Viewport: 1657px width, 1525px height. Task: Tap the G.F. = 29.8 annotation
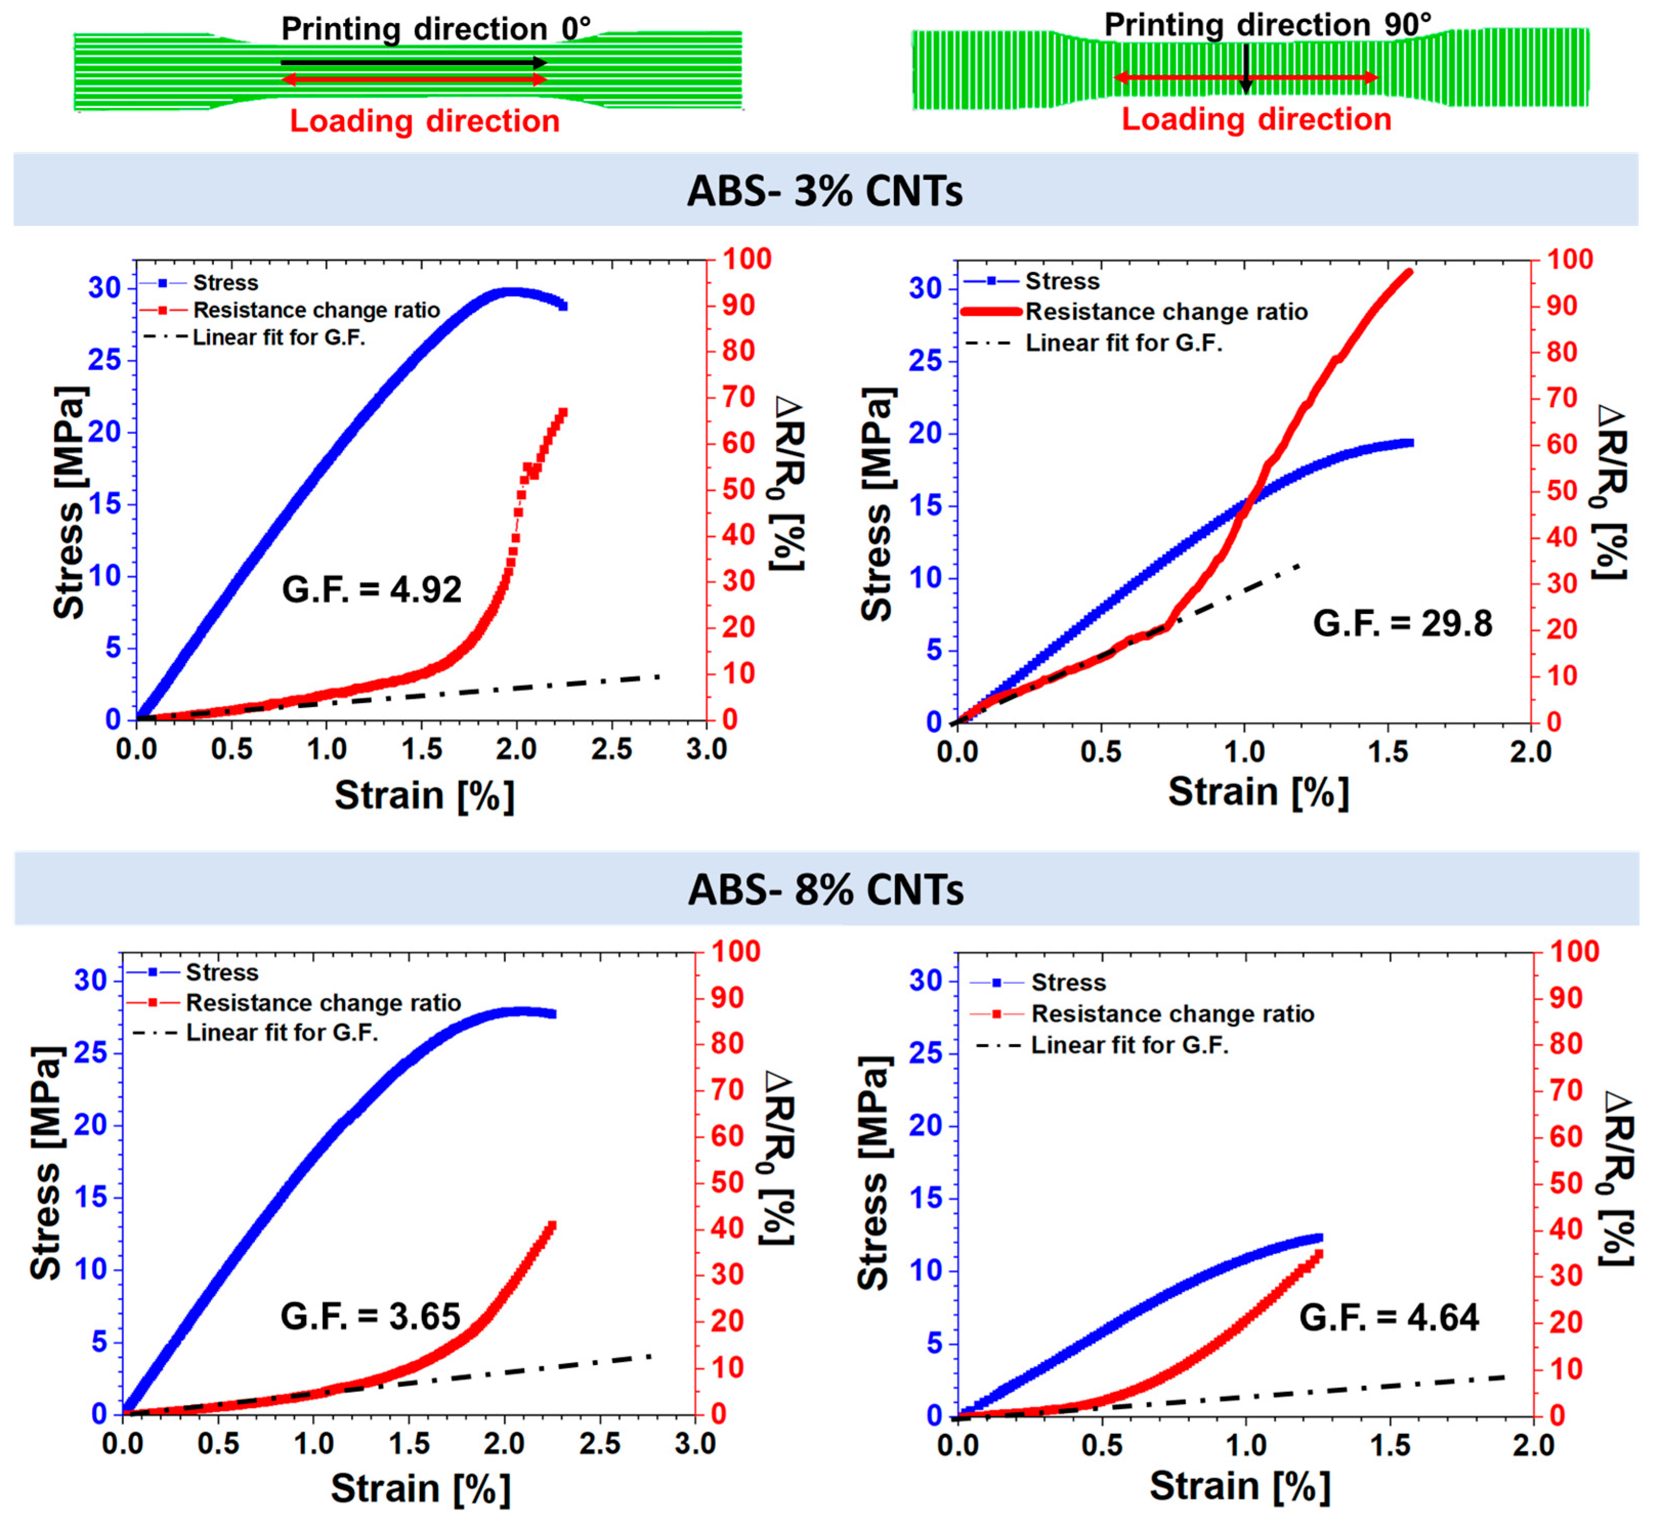pos(1402,623)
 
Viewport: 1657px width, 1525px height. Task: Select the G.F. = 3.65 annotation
pos(370,1316)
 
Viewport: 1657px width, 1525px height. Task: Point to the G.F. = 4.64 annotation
pos(1389,1317)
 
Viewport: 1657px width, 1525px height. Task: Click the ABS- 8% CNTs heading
pos(825,890)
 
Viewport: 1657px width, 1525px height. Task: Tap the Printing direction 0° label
pos(436,29)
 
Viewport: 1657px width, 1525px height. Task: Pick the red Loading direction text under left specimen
pos(424,121)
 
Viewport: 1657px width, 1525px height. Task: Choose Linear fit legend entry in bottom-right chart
pos(1129,1045)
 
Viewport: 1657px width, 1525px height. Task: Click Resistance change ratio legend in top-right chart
pos(1166,312)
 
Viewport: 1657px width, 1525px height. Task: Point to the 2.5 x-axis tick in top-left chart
pos(612,749)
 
